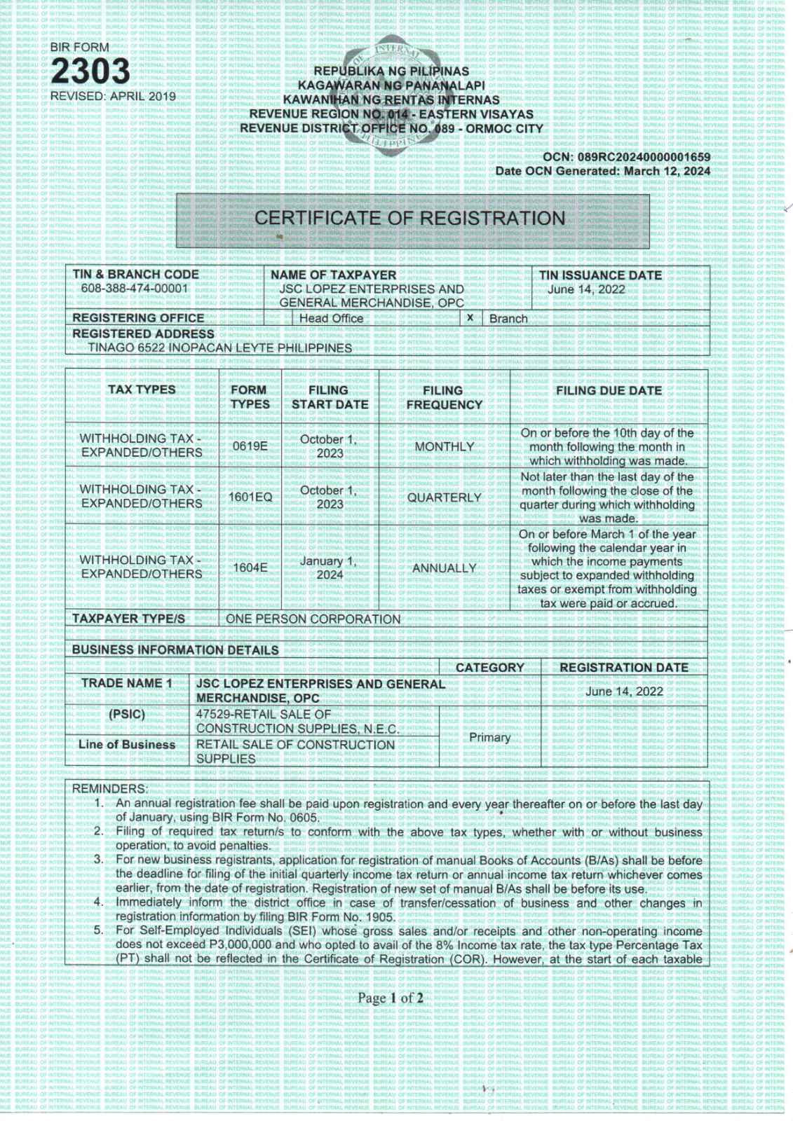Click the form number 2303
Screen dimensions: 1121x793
tap(90, 71)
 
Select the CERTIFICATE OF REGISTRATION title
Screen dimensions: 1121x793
tap(409, 219)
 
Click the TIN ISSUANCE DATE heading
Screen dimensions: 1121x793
tap(600, 275)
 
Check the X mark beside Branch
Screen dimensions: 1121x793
tap(470, 318)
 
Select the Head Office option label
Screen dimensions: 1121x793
tap(331, 319)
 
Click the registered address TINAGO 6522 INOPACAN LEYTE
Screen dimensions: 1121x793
tap(219, 348)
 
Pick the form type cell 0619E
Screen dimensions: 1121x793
tap(250, 446)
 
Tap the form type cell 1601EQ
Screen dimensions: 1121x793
tap(250, 497)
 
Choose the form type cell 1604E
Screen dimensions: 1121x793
tap(250, 568)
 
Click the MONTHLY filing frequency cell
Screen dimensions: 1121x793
tap(444, 447)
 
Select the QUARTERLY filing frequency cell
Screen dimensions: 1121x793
tap(444, 497)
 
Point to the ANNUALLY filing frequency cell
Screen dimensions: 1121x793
tap(444, 568)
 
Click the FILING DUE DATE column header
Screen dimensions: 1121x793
tap(609, 391)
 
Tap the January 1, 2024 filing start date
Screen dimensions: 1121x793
tap(329, 568)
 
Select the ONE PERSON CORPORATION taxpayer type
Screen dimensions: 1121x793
tap(313, 619)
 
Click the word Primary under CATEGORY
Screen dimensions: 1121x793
tap(489, 737)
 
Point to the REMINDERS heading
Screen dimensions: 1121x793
tap(110, 789)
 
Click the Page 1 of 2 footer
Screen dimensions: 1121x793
tap(391, 998)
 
